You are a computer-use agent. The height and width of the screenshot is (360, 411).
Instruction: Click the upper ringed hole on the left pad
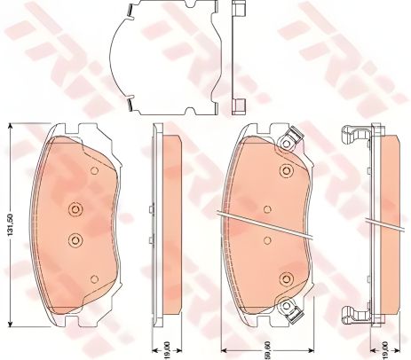pos(75,210)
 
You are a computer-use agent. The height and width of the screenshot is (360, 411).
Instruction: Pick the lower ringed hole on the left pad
pos(75,239)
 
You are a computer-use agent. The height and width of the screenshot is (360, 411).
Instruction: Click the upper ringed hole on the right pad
pos(285,173)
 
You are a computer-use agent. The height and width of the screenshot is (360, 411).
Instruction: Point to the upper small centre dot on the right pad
pos(266,210)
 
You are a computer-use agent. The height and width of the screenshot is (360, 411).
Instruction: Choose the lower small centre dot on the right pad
pos(266,239)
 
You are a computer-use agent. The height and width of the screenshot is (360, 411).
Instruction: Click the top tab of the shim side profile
pos(239,12)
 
